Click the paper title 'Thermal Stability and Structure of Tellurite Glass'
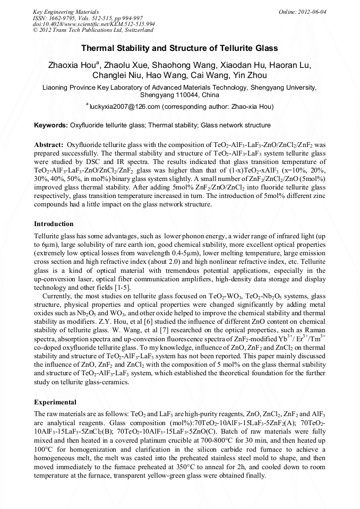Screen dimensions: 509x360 pos(179,48)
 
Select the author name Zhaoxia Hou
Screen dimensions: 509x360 pos(71,65)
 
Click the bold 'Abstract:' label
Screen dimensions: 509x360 pos(49,144)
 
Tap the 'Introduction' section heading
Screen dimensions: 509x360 pos(54,224)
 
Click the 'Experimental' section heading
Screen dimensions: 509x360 pos(55,402)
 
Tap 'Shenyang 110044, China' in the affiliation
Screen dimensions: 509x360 pos(179,95)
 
